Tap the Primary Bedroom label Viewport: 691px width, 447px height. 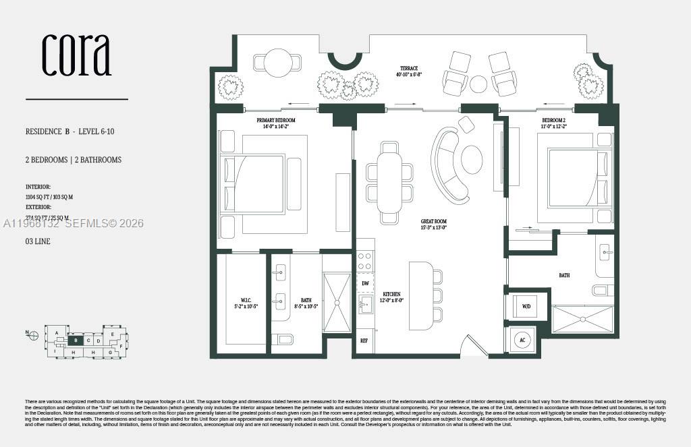pos(276,123)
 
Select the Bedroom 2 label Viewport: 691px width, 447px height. pos(554,123)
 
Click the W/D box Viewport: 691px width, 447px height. pos(526,307)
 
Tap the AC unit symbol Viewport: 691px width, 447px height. pos(522,340)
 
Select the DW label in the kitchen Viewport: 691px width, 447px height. pos(365,284)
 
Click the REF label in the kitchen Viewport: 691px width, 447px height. pos(364,341)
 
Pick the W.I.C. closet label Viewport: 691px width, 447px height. pos(241,302)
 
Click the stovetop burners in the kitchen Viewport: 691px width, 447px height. pos(364,261)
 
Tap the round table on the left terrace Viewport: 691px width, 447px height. pos(277,63)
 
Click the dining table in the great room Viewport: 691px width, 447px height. pos(389,183)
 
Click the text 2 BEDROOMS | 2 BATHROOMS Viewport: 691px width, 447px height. pos(74,160)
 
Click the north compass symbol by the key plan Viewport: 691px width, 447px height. pos(32,333)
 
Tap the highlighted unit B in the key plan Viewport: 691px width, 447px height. pos(76,340)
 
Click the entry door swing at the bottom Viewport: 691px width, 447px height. pos(472,347)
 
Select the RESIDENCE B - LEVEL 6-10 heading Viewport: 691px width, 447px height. pos(70,131)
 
